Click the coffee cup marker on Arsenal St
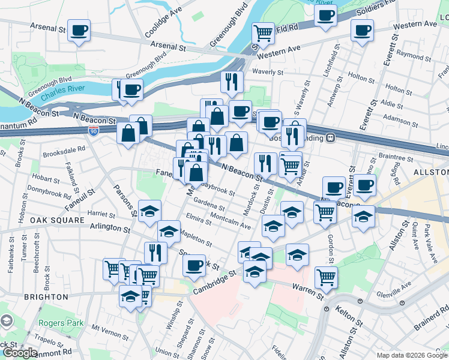click(x=79, y=30)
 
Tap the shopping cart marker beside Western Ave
click(x=263, y=32)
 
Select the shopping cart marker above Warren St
click(x=326, y=277)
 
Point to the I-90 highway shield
click(x=93, y=130)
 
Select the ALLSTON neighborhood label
click(x=430, y=172)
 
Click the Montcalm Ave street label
click(x=231, y=223)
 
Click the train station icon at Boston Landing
click(x=330, y=137)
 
